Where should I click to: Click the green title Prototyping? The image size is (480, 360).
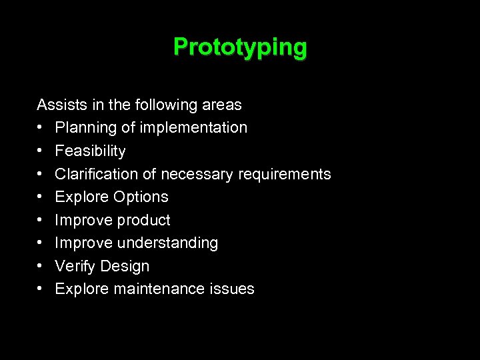coord(240,47)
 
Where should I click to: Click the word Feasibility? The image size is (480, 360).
coord(90,151)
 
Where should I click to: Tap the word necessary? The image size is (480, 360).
coord(191,175)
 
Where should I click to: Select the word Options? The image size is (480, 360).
coord(141,197)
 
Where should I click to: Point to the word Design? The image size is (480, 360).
coord(125,266)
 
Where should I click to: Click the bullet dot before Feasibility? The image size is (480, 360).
coord(41,151)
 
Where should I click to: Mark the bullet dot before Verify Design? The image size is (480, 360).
coord(41,266)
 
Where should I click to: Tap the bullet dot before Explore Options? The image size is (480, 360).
coord(41,197)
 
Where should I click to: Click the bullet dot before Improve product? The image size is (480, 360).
coord(41,220)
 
